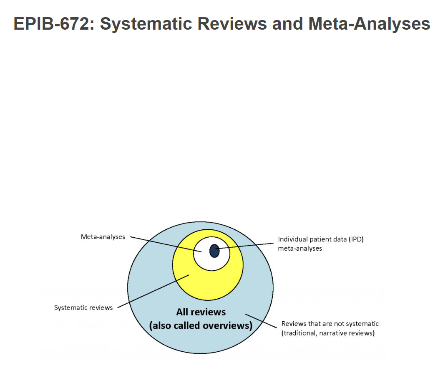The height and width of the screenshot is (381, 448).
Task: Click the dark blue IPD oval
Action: [214, 251]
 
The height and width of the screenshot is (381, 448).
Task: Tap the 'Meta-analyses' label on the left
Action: [103, 237]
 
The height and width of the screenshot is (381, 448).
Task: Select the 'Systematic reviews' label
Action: [83, 308]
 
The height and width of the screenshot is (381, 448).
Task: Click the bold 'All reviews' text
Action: [201, 312]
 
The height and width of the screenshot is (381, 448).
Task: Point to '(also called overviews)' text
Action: [201, 325]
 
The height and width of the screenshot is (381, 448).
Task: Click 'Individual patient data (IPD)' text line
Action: [321, 240]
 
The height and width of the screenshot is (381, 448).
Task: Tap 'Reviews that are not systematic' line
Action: [330, 324]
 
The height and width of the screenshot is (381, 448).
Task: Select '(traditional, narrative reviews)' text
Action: [328, 333]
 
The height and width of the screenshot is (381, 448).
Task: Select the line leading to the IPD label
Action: [246, 246]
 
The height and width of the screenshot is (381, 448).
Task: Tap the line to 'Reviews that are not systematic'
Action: [261, 321]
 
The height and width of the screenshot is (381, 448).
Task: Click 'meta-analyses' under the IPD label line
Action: [300, 249]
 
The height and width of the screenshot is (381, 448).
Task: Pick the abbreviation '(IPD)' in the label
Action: [355, 240]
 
